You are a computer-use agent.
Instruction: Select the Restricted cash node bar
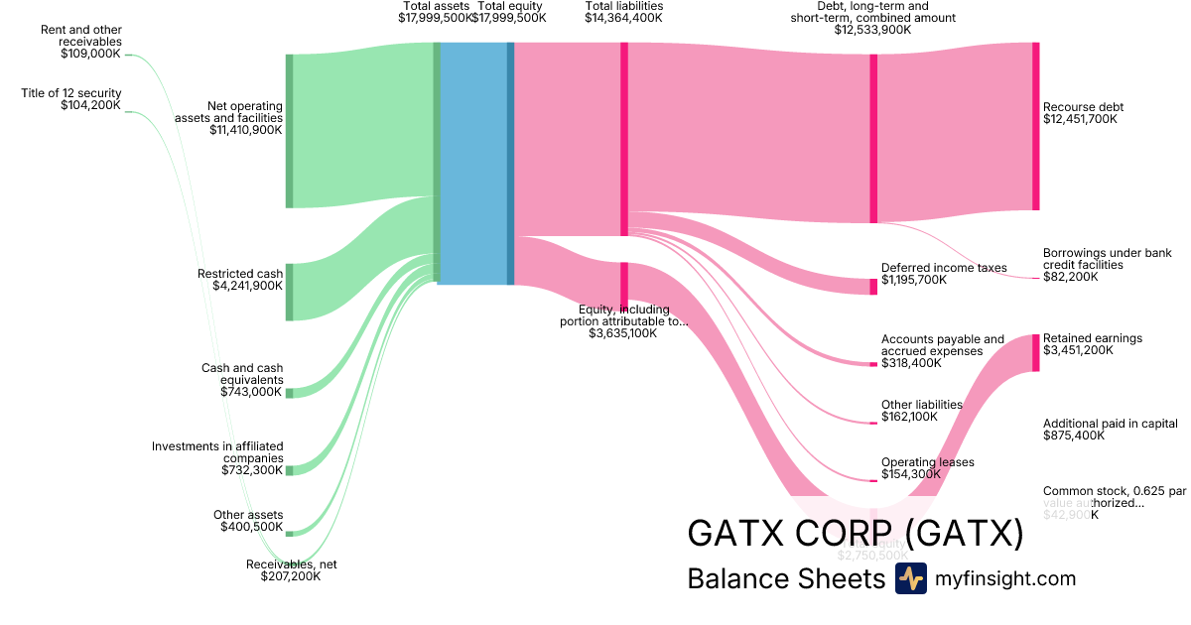pos(290,292)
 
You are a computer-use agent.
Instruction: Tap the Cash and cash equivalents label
pos(242,374)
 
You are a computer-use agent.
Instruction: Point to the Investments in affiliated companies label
pos(217,451)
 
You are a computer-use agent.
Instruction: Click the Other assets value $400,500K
pos(251,527)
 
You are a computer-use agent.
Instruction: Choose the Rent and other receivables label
pos(81,36)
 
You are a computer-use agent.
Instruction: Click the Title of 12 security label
pos(71,93)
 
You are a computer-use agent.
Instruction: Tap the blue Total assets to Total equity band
pos(472,164)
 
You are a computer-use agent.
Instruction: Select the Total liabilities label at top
pos(623,6)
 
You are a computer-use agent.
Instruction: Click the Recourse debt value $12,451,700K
pos(1080,119)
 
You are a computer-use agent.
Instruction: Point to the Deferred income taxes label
pos(944,268)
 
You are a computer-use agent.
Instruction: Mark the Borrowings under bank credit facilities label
pos(1107,259)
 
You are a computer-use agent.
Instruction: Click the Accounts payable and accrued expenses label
pos(943,345)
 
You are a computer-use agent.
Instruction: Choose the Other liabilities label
pos(922,405)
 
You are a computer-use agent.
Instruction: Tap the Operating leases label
pos(927,462)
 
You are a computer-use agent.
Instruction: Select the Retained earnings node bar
pos(1035,352)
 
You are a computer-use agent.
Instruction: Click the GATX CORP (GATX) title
pos(855,534)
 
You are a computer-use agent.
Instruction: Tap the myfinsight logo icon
pos(910,578)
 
